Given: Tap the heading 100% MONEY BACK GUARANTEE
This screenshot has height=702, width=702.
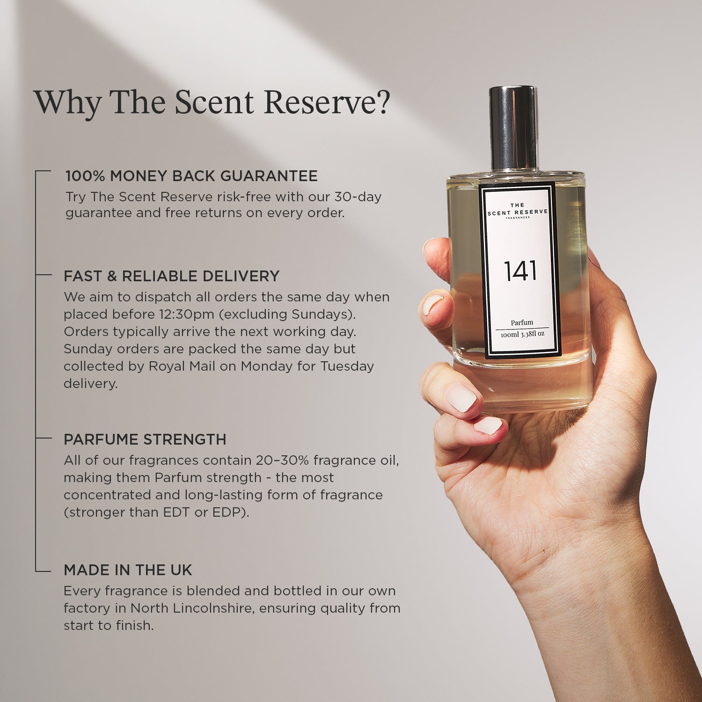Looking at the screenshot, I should coord(191,176).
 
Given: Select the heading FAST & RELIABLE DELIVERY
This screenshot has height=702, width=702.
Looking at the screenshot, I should coord(172,276).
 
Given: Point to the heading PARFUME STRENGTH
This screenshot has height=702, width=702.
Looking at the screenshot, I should coord(145,439).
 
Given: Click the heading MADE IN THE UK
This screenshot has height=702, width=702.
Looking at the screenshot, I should coord(128,570).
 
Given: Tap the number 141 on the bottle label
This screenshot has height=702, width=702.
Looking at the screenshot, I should coord(520,271).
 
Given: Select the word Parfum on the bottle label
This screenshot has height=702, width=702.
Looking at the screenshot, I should coord(522,322).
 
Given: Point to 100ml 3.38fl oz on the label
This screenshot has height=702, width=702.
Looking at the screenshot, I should coord(522,334).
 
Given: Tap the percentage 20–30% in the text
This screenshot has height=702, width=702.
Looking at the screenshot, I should coord(282,461).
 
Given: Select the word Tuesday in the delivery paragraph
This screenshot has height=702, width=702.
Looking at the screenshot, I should coord(347,366).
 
